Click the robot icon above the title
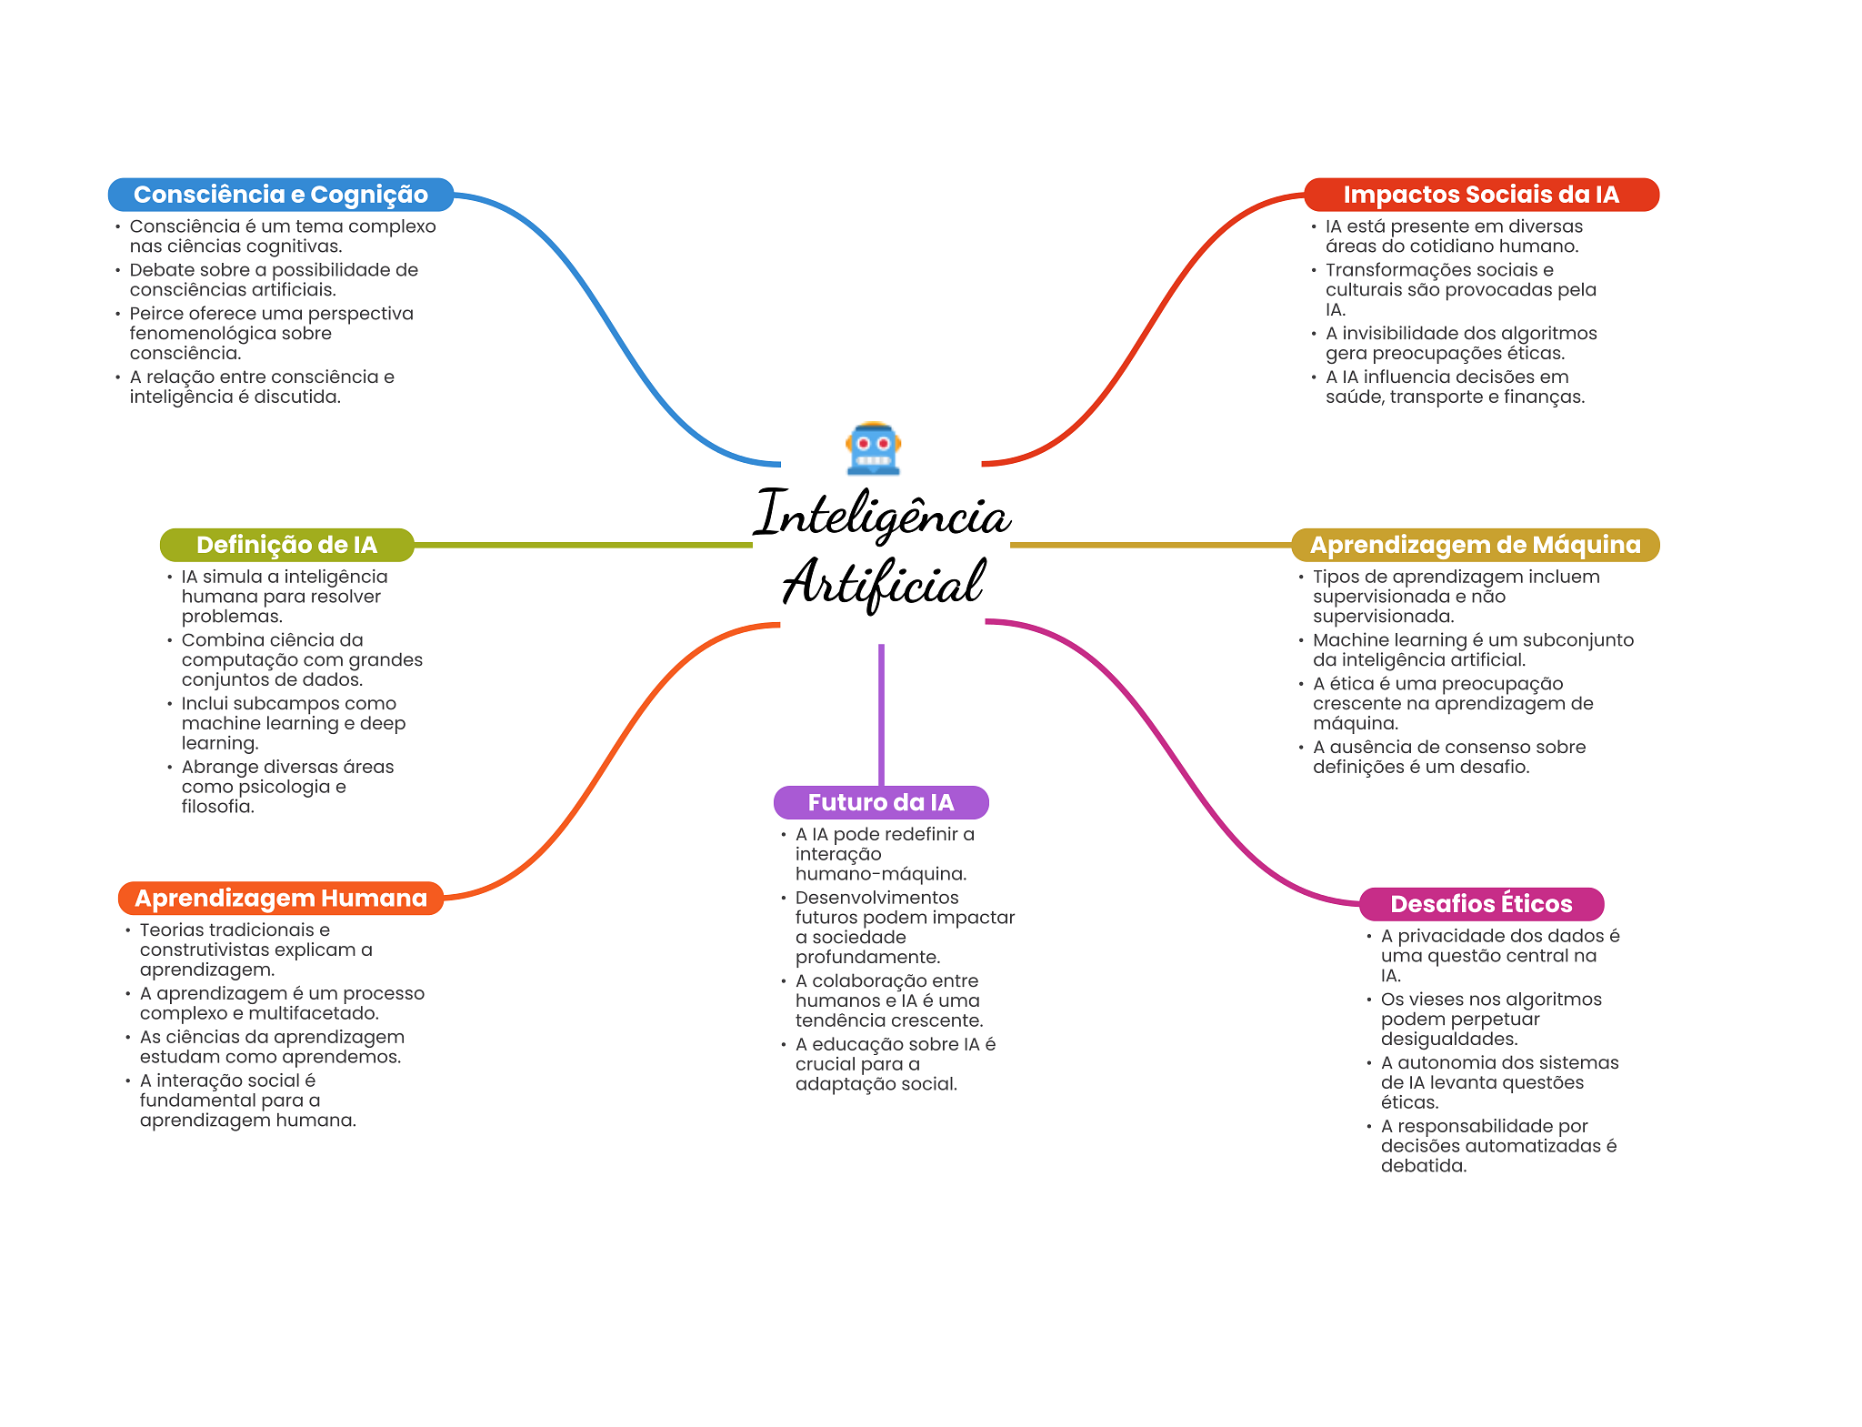pyautogui.click(x=873, y=448)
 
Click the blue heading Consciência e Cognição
pyautogui.click(x=280, y=195)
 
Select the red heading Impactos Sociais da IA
pyautogui.click(x=1480, y=195)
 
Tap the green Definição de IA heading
pyautogui.click(x=286, y=545)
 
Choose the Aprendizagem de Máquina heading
pyautogui.click(x=1475, y=545)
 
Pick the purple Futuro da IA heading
pyautogui.click(x=880, y=802)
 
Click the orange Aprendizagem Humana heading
pyautogui.click(x=280, y=898)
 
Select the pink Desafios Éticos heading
pyautogui.click(x=1481, y=903)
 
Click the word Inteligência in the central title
pyautogui.click(x=882, y=516)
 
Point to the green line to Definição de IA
pyautogui.click(x=582, y=545)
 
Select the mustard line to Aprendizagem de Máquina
pyautogui.click(x=1150, y=545)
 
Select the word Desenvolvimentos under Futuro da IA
pyautogui.click(x=876, y=898)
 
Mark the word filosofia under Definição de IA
pyautogui.click(x=217, y=807)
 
